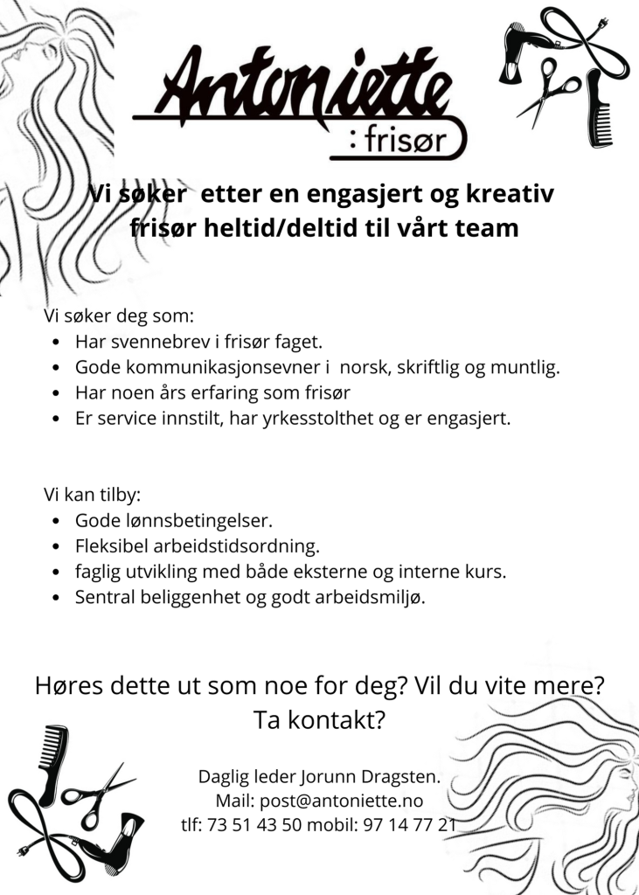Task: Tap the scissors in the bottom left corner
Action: (96, 791)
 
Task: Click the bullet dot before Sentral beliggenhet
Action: (56, 599)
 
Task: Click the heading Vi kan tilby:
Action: (92, 494)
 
